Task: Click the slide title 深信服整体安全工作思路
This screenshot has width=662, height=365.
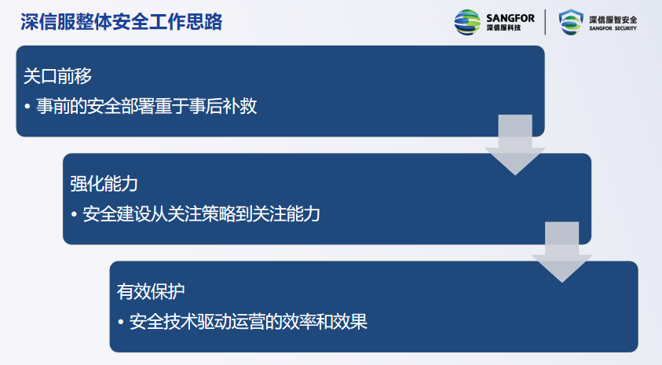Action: (122, 22)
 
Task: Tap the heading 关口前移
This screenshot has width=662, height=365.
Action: (57, 76)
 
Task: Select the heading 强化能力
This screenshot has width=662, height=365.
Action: (104, 184)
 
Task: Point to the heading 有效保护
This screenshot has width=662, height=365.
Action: (151, 291)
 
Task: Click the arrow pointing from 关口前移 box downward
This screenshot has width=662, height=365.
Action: (515, 144)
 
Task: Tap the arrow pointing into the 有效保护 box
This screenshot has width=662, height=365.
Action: (562, 252)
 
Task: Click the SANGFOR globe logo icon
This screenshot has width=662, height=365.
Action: (467, 22)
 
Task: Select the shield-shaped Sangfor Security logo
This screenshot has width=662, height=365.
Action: (571, 22)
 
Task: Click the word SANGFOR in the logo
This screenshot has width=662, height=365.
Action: (510, 18)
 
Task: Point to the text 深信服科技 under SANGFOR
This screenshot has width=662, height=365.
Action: (503, 27)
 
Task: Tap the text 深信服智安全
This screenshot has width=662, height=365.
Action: (613, 20)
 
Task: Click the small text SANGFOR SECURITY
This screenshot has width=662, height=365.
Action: (613, 28)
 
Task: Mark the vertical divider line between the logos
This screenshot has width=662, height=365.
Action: (546, 22)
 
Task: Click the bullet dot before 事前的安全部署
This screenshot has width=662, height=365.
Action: (27, 106)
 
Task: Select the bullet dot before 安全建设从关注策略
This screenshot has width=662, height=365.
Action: (75, 214)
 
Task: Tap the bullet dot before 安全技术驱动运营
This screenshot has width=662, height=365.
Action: (121, 322)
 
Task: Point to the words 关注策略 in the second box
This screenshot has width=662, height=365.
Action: (201, 214)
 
